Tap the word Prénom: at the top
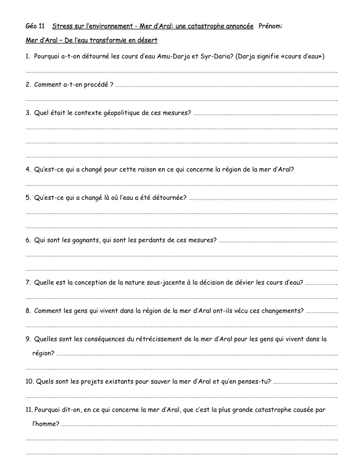tap(270, 26)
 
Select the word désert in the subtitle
tap(147, 40)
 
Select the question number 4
tap(28, 169)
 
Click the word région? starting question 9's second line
tap(43, 353)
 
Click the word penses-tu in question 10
tap(252, 381)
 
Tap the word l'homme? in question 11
tap(46, 424)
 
